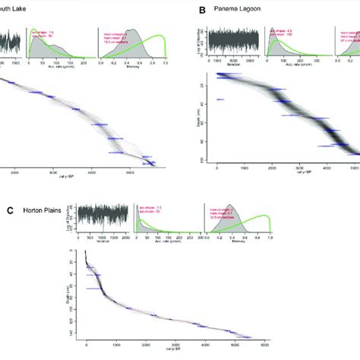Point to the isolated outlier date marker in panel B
[x=220, y=99]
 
